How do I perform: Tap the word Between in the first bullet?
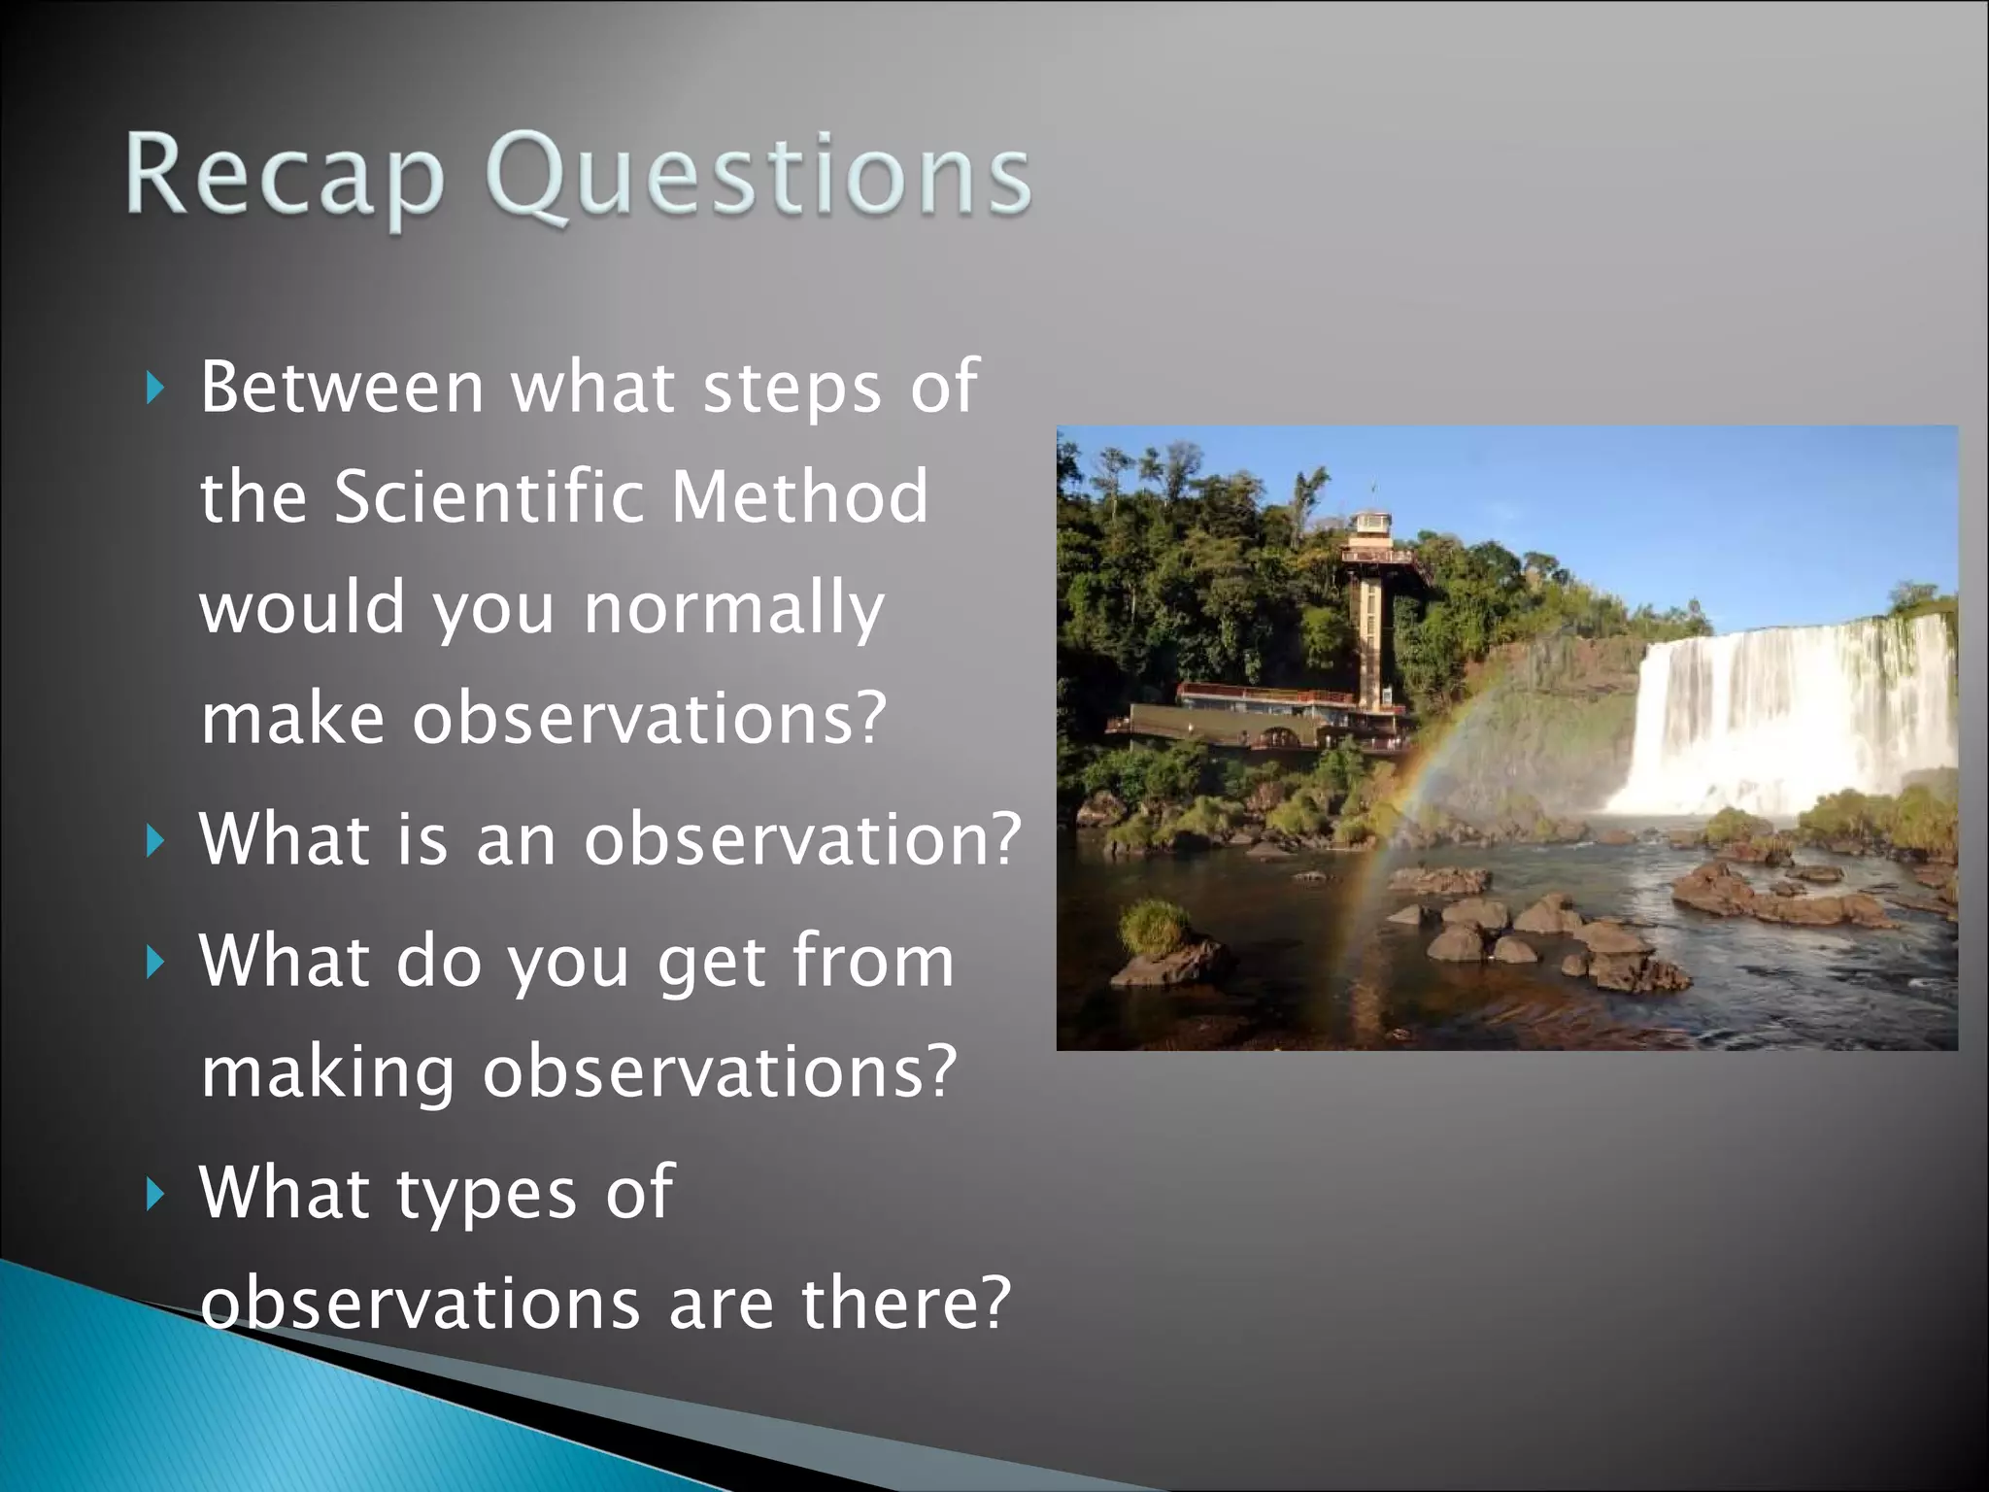coord(342,387)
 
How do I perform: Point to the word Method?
coord(799,496)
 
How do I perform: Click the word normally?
coord(734,610)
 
